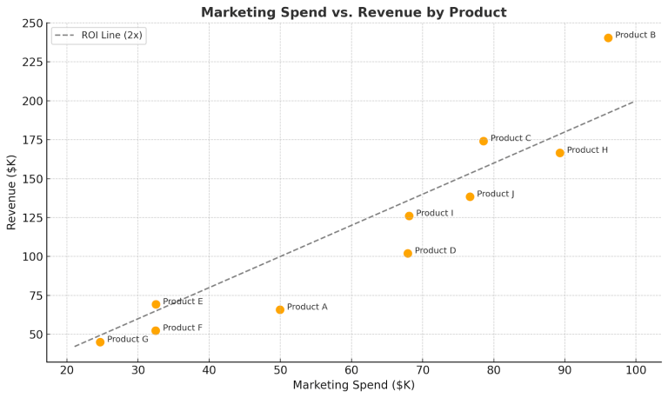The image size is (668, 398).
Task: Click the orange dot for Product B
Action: [608, 37]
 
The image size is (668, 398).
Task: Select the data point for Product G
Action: [100, 342]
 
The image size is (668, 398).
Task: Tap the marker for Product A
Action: [280, 309]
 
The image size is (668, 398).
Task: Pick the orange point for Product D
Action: [408, 254]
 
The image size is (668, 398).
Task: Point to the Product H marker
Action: [560, 153]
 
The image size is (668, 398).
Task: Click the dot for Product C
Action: [484, 141]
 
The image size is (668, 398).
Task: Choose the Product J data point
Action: [470, 196]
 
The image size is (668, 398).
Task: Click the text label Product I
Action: [434, 213]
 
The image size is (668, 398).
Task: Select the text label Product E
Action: [183, 302]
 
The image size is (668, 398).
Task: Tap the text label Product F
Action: [182, 328]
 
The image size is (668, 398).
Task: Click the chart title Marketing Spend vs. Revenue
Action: [353, 12]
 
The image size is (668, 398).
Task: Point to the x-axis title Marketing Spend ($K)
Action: [353, 385]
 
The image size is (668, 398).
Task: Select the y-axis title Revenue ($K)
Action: [11, 192]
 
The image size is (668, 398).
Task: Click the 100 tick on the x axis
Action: [636, 369]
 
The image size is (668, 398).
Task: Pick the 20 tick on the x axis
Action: [67, 369]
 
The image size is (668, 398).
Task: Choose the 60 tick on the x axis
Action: [351, 369]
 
